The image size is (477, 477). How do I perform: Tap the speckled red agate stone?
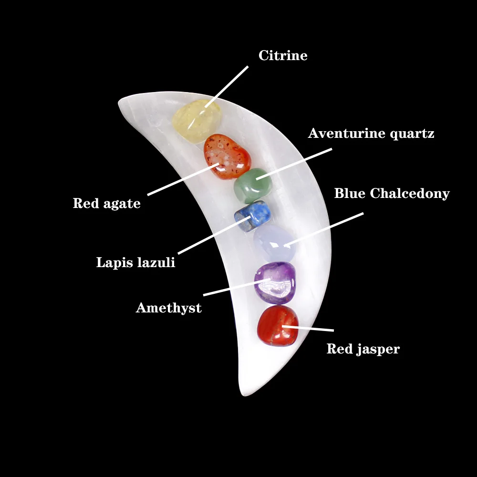tap(227, 156)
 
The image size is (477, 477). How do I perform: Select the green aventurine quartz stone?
tap(250, 185)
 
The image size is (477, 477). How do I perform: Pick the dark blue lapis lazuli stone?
tap(252, 216)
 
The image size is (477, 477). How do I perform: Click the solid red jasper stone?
tap(278, 325)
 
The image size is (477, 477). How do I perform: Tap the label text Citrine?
tap(283, 56)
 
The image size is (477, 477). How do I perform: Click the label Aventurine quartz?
tap(371, 134)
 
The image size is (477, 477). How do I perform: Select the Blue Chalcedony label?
tap(392, 194)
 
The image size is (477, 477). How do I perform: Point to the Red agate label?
tap(106, 204)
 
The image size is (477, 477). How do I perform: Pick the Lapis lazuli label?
tap(135, 262)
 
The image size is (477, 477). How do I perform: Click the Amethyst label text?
tap(168, 308)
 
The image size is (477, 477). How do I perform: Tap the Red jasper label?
tap(363, 349)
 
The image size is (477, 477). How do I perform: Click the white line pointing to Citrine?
tap(227, 86)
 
